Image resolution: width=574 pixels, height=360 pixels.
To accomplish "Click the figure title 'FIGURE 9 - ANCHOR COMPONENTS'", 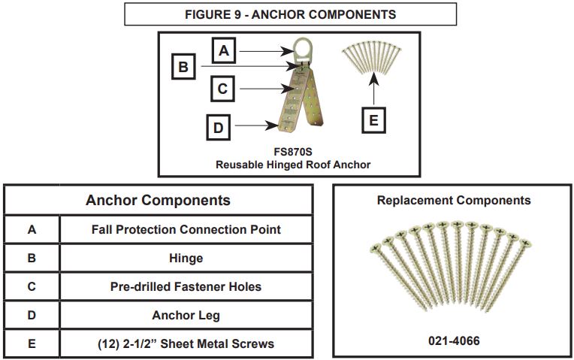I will click(290, 14).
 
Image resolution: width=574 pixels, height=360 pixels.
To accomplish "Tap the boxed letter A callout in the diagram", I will click(224, 51).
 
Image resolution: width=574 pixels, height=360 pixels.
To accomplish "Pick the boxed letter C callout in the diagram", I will click(222, 89).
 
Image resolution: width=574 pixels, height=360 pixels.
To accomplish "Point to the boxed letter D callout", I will click(218, 127).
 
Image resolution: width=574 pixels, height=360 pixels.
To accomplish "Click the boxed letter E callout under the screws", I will click(373, 120).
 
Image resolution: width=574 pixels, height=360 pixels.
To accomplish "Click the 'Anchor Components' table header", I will click(158, 201).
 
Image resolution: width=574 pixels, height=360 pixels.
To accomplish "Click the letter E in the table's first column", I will click(32, 343).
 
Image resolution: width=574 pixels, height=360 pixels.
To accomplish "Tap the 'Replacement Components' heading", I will click(454, 201).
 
